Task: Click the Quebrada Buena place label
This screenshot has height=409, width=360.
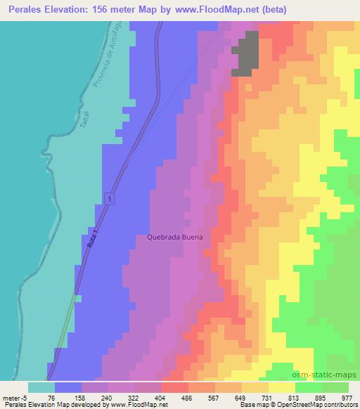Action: tap(175, 238)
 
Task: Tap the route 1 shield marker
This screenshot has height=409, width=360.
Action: tap(110, 200)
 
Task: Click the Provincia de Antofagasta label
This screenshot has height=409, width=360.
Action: tap(108, 62)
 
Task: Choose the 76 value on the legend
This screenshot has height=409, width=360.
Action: tap(53, 398)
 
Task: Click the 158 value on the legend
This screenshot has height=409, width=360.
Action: tap(82, 398)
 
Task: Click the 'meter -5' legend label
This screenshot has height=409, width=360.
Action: tap(15, 398)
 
